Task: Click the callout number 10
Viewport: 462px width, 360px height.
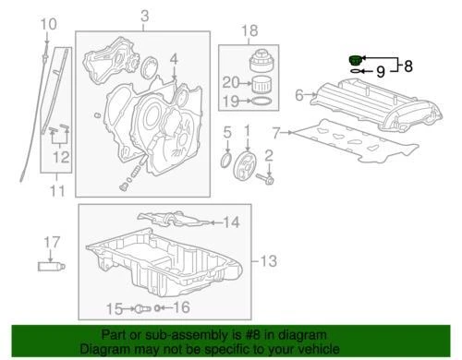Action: (49, 23)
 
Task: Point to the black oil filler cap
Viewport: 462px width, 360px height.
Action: (354, 60)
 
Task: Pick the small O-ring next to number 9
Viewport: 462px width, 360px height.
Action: (355, 70)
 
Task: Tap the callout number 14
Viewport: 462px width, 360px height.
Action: (230, 222)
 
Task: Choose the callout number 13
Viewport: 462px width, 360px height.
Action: (267, 262)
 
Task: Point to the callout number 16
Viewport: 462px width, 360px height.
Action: (181, 307)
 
